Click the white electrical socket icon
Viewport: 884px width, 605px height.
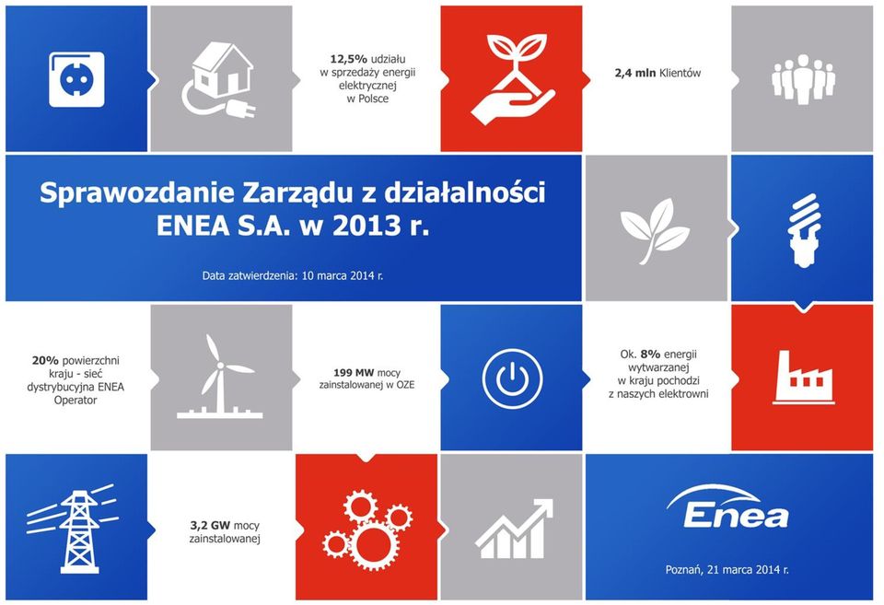(76, 79)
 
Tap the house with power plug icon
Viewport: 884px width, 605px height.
(220, 80)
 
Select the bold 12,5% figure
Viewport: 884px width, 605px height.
(348, 59)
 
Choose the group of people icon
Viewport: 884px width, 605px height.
(803, 79)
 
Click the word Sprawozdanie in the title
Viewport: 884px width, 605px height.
(137, 193)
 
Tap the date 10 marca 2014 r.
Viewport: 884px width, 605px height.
(343, 276)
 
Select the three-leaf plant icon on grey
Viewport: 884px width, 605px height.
(655, 230)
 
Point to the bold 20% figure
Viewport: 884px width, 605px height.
(45, 360)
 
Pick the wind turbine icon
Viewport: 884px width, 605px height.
(221, 376)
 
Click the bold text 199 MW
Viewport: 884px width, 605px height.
(354, 373)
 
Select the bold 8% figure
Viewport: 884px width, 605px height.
(650, 355)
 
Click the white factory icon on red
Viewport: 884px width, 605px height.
(804, 378)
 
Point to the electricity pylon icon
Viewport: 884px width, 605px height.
(73, 529)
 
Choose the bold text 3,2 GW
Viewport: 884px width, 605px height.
(210, 526)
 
